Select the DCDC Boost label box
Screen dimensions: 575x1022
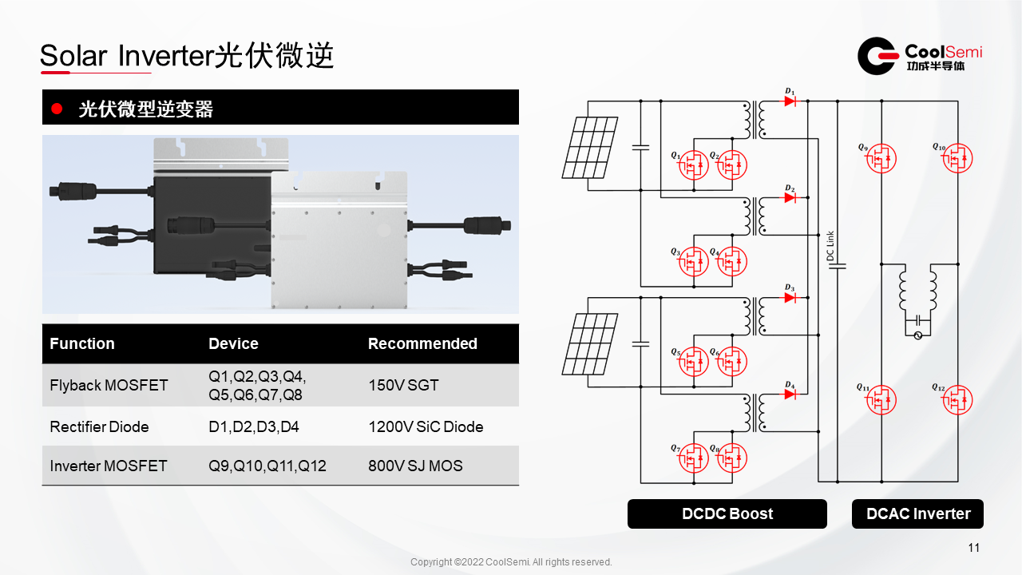(x=727, y=514)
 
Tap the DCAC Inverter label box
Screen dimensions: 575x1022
(x=917, y=514)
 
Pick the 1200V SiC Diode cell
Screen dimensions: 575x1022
(x=426, y=426)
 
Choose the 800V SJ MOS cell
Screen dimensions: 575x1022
(x=415, y=465)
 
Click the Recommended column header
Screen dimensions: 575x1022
(x=422, y=343)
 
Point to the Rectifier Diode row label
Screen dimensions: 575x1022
(x=99, y=426)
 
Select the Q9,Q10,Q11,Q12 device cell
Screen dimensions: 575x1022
(x=267, y=465)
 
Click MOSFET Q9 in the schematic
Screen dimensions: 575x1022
(x=881, y=158)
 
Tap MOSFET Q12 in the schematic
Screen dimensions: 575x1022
(x=957, y=399)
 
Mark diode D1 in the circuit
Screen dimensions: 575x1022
(x=790, y=101)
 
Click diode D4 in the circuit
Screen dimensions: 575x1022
(x=790, y=395)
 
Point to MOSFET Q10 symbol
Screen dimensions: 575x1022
(x=957, y=158)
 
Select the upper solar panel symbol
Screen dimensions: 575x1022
(x=590, y=148)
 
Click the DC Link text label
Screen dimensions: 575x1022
(x=830, y=246)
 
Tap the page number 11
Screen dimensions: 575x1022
(x=973, y=548)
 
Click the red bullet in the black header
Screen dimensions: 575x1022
(x=56, y=109)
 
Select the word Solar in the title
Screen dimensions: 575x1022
(x=72, y=56)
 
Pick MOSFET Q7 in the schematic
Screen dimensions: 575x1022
(x=694, y=458)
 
